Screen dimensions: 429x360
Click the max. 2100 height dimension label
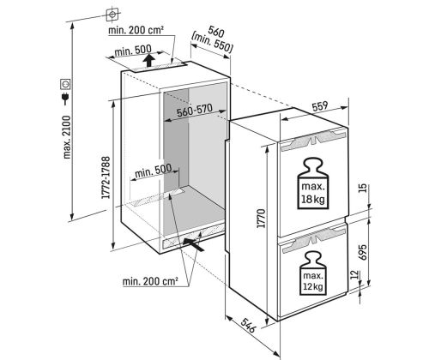tap(67, 137)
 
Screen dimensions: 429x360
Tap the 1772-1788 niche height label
tap(106, 177)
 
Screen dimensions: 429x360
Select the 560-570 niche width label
tap(195, 111)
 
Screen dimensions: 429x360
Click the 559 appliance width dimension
tap(319, 106)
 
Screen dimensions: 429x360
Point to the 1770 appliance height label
tap(261, 219)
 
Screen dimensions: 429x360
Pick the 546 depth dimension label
tap(247, 326)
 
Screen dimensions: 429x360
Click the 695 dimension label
tap(363, 252)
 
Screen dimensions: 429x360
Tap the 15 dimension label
tap(362, 188)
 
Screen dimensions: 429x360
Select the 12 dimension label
tap(354, 274)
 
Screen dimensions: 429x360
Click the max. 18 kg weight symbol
tap(313, 183)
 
